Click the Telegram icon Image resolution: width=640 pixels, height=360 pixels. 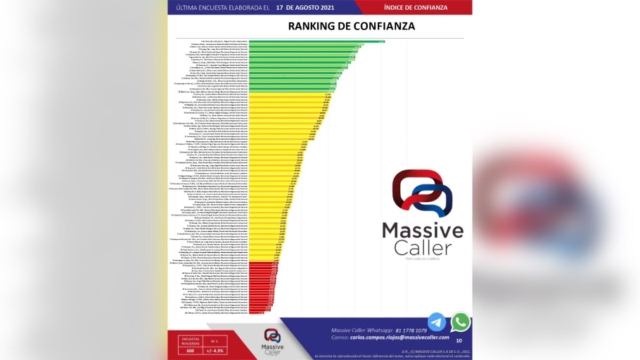pos(437,322)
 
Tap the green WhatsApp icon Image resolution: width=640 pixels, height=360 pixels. pos(460,322)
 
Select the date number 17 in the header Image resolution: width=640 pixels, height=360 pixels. pos(281,7)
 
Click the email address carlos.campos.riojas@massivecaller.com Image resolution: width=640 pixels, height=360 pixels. pos(399,338)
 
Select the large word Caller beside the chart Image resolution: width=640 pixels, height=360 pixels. pos(422,248)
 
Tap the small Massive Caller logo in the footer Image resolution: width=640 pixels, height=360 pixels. pos(273,341)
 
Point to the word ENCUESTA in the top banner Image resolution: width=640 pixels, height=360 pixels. pos(215,7)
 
